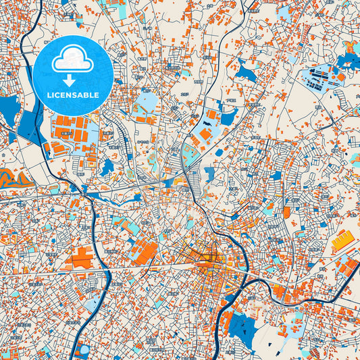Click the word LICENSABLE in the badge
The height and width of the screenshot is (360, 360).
coord(73,95)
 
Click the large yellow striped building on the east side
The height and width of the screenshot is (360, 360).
coord(343,239)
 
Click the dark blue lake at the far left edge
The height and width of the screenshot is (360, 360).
coord(9,108)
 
